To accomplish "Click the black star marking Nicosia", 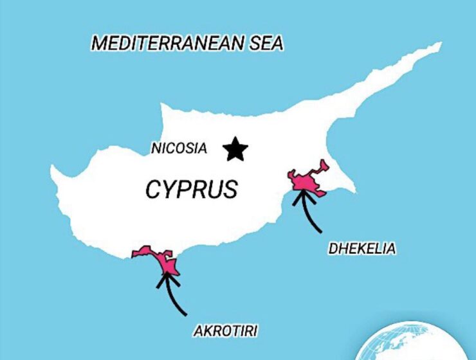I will tap(236, 149).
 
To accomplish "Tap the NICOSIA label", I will tap(179, 148).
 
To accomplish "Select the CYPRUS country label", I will tap(191, 189).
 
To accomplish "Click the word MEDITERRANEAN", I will tap(167, 43).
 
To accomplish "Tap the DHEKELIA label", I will tap(362, 248).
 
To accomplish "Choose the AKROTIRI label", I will tap(226, 332).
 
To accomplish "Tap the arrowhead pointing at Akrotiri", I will tap(166, 278).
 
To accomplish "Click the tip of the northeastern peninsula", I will tap(440, 45).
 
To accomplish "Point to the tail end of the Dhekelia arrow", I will tap(321, 230).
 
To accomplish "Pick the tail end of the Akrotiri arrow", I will tap(186, 314).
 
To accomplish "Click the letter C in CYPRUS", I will tap(153, 190).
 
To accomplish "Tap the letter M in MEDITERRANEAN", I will tap(100, 43).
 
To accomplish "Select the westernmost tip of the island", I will tap(53, 170).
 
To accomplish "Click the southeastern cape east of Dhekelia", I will tap(353, 190).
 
